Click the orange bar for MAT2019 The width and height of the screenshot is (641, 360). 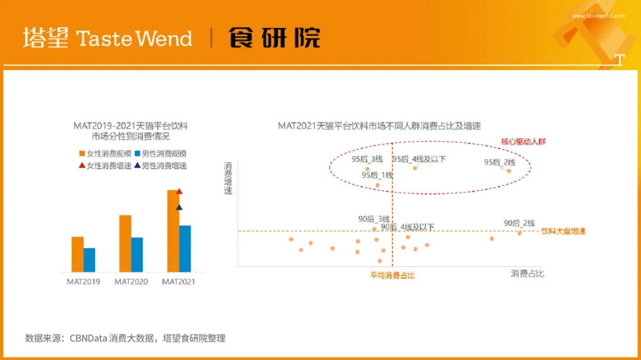(77, 254)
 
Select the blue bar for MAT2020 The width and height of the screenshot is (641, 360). (137, 254)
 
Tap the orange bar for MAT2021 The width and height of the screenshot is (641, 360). (173, 231)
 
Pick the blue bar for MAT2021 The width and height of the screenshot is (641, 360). (185, 249)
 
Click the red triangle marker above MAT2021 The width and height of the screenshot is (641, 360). (179, 191)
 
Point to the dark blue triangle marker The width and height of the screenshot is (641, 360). (179, 207)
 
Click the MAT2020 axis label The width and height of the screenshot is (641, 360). (131, 282)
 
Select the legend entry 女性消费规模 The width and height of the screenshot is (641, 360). (105, 154)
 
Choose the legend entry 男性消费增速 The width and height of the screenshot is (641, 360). (160, 165)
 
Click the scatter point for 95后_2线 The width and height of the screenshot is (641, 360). (509, 171)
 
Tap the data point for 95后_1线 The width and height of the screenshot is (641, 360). (377, 185)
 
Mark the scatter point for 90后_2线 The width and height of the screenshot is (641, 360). (519, 233)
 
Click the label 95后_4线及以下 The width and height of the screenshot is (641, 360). (419, 159)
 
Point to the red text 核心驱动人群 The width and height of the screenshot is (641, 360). (523, 142)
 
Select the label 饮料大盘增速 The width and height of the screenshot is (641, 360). (563, 231)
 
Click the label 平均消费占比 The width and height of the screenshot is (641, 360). (392, 275)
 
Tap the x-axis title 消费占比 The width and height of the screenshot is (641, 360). (528, 273)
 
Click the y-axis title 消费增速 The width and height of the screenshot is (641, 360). (228, 178)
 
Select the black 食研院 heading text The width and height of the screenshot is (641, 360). (274, 37)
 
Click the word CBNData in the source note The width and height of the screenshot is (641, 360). (88, 338)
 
